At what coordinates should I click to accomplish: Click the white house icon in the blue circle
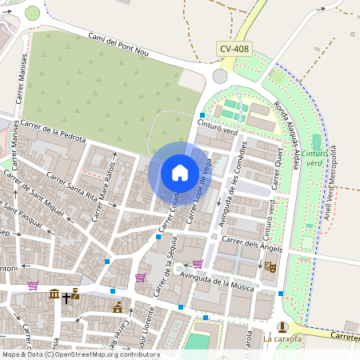tap(180, 173)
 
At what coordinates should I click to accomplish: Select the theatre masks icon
tap(270, 267)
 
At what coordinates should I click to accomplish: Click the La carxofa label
tap(282, 339)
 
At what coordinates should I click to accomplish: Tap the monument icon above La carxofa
tap(282, 326)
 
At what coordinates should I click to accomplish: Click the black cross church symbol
tap(66, 298)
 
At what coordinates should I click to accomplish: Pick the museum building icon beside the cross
tap(54, 295)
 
